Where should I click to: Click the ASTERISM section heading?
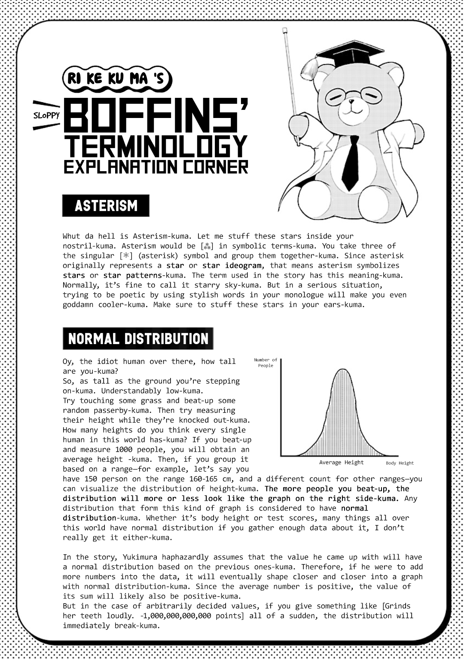106,206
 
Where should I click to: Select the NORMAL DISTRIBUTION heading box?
138,339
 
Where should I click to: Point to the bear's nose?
351,103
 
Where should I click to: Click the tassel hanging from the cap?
308,68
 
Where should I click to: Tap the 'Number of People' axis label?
266,363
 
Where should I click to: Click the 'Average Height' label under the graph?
341,463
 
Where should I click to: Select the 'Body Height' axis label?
400,463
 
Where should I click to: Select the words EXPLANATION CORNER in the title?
156,166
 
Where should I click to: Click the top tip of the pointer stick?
284,30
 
